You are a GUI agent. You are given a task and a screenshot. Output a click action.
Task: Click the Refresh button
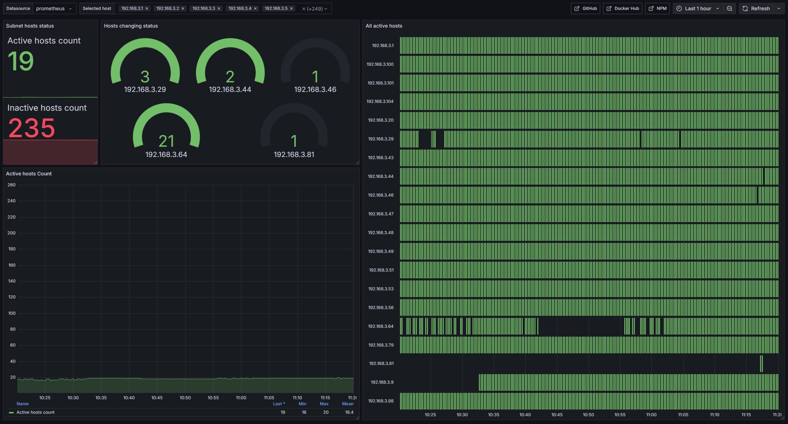(x=756, y=8)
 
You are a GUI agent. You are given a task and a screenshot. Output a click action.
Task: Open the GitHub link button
(x=585, y=8)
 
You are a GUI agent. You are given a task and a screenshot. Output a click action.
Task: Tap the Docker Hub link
(x=622, y=8)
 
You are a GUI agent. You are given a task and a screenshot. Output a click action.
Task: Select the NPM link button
(x=657, y=8)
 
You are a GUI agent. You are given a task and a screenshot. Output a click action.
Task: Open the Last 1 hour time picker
(x=698, y=8)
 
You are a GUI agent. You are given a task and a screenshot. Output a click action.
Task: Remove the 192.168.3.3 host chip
(x=219, y=8)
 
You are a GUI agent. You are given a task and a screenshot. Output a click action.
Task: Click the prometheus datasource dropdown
(x=54, y=8)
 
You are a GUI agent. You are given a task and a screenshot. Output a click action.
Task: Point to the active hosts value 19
(x=21, y=61)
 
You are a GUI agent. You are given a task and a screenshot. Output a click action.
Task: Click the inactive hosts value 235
(x=31, y=128)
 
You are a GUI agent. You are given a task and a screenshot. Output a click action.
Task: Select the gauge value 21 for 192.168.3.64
(x=166, y=141)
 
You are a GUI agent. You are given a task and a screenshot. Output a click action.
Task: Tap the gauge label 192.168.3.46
(x=315, y=89)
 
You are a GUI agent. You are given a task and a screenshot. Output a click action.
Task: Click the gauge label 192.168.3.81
(x=294, y=155)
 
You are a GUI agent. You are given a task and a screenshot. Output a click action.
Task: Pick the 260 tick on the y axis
(x=11, y=185)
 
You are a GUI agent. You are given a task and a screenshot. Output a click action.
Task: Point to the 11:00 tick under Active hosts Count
(x=241, y=398)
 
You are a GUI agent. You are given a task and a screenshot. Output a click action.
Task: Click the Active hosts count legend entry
(x=35, y=412)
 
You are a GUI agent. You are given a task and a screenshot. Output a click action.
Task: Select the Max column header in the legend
(x=324, y=404)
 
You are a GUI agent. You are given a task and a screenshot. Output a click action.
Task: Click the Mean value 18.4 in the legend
(x=349, y=412)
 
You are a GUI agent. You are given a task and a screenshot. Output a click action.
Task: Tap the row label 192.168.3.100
(x=380, y=64)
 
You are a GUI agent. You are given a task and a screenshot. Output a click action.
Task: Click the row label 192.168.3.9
(x=382, y=382)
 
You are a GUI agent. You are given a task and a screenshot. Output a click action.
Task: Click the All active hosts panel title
(x=384, y=26)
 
